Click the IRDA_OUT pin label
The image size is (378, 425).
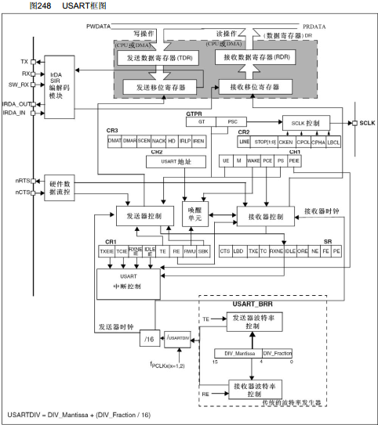[15, 103]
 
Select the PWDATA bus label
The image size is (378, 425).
[101, 27]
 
